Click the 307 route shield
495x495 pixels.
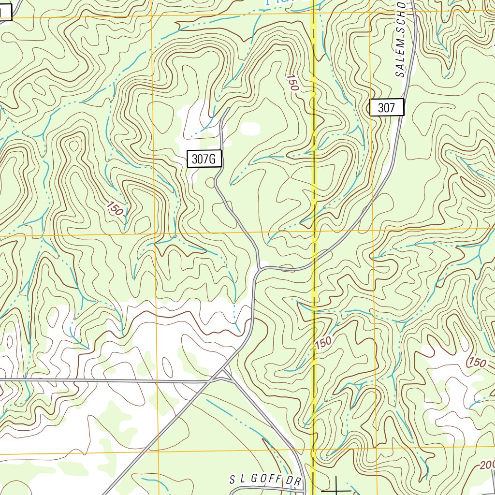tap(387, 107)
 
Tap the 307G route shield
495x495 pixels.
tap(204, 159)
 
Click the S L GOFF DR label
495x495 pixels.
tap(262, 480)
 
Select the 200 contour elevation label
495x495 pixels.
tap(486, 465)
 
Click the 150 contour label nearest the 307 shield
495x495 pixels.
tap(292, 83)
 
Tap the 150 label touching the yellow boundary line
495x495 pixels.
tap(322, 342)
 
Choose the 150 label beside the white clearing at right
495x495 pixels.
tap(477, 362)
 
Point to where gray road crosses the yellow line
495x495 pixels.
tap(314, 255)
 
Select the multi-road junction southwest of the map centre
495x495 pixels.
tap(223, 375)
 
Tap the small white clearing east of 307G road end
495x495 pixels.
tap(250, 129)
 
